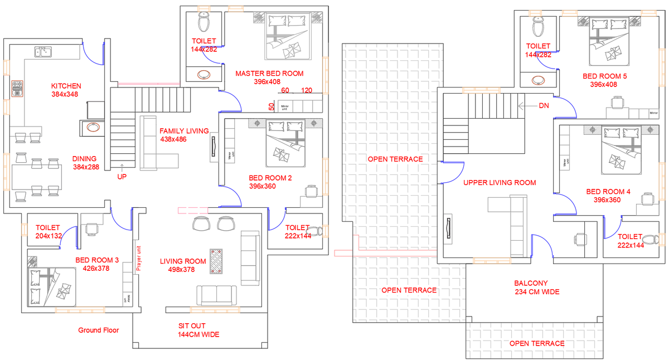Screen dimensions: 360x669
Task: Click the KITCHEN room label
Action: click(x=66, y=86)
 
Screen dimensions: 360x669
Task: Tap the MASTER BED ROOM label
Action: click(x=269, y=74)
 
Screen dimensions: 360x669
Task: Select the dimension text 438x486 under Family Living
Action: click(x=173, y=139)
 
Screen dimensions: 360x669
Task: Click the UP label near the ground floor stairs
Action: click(x=122, y=177)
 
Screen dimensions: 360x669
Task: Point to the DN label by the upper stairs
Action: click(x=544, y=105)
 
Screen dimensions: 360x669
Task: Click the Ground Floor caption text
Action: click(x=99, y=330)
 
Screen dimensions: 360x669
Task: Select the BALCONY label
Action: click(x=531, y=283)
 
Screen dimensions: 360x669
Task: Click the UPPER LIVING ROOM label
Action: click(x=500, y=182)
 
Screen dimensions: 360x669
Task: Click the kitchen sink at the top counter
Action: click(x=43, y=53)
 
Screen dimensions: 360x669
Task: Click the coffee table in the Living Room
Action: click(x=216, y=260)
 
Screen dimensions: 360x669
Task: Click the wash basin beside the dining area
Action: click(x=93, y=127)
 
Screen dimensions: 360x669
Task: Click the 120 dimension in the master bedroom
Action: click(x=306, y=90)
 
